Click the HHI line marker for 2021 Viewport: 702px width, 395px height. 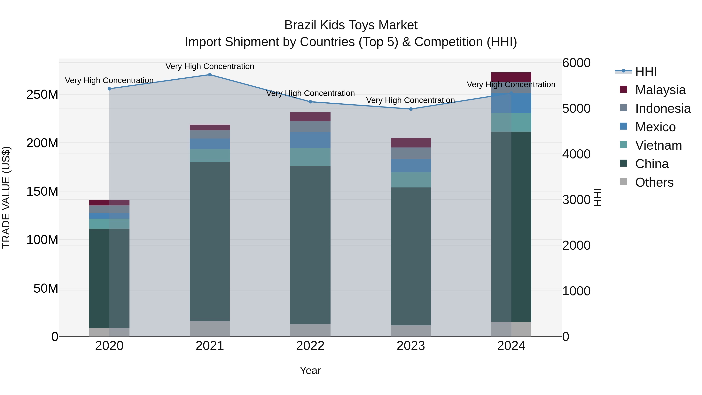click(x=210, y=75)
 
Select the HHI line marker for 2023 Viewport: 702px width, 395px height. click(x=411, y=109)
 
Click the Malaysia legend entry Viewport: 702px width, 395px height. click(x=660, y=90)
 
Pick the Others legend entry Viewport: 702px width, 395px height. click(x=654, y=182)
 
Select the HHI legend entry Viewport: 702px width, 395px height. click(x=646, y=71)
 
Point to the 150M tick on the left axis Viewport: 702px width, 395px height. click(x=42, y=191)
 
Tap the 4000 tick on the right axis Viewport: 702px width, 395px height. click(x=576, y=154)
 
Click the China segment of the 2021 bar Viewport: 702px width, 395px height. click(x=210, y=241)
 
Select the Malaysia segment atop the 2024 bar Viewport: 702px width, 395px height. click(x=511, y=77)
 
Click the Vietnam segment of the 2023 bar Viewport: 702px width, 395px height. click(x=411, y=180)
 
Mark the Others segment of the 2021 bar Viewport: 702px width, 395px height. click(x=210, y=328)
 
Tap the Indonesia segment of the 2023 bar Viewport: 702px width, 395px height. click(x=411, y=153)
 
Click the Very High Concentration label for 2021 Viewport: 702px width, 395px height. click(x=210, y=66)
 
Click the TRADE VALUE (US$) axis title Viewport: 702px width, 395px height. click(x=6, y=197)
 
